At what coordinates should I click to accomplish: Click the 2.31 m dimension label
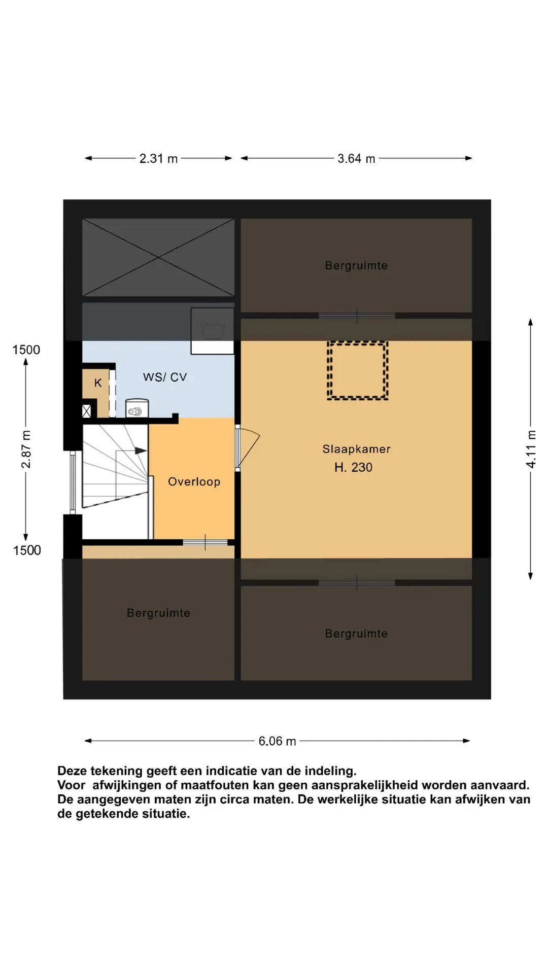coord(158,159)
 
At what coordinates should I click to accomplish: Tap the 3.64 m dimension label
coord(356,159)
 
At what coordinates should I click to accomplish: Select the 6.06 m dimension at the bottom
coord(277,741)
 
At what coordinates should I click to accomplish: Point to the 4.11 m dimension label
coord(531,449)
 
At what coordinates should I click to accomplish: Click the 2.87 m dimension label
coord(26,449)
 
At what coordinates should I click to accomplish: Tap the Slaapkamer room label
coord(356,449)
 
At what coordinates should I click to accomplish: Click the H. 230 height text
coord(353,467)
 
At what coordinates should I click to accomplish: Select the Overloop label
coord(194,482)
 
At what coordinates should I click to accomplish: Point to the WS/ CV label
coord(165,377)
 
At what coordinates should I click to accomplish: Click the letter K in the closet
coord(98,383)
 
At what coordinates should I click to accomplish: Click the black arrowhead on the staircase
coord(141,450)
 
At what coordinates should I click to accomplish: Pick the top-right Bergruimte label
coord(356,265)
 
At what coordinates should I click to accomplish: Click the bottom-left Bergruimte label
coord(158,613)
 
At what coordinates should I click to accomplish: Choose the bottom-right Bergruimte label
coord(356,634)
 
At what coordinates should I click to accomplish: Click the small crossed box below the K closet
coord(87,411)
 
